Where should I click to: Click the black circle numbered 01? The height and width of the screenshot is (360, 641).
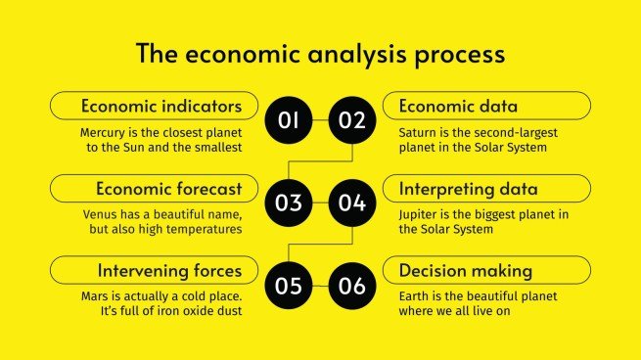290,121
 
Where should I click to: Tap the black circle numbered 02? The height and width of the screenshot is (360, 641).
351,121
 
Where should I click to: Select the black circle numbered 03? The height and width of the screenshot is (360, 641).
290,203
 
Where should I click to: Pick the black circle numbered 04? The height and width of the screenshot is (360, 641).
351,203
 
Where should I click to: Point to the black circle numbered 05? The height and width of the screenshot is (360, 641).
290,286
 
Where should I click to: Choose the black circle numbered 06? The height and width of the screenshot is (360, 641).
351,286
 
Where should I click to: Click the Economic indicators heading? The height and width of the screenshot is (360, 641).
161,106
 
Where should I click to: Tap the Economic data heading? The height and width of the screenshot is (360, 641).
458,106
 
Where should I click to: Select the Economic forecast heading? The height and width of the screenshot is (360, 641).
168,188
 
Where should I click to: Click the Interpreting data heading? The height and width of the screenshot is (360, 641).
468,188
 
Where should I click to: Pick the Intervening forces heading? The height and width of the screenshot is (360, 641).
169,270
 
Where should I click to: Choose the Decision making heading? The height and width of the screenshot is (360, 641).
465,270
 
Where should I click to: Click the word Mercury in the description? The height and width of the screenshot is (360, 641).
106,131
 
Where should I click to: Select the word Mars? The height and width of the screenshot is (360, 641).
96,295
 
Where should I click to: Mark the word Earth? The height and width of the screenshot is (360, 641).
415,295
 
